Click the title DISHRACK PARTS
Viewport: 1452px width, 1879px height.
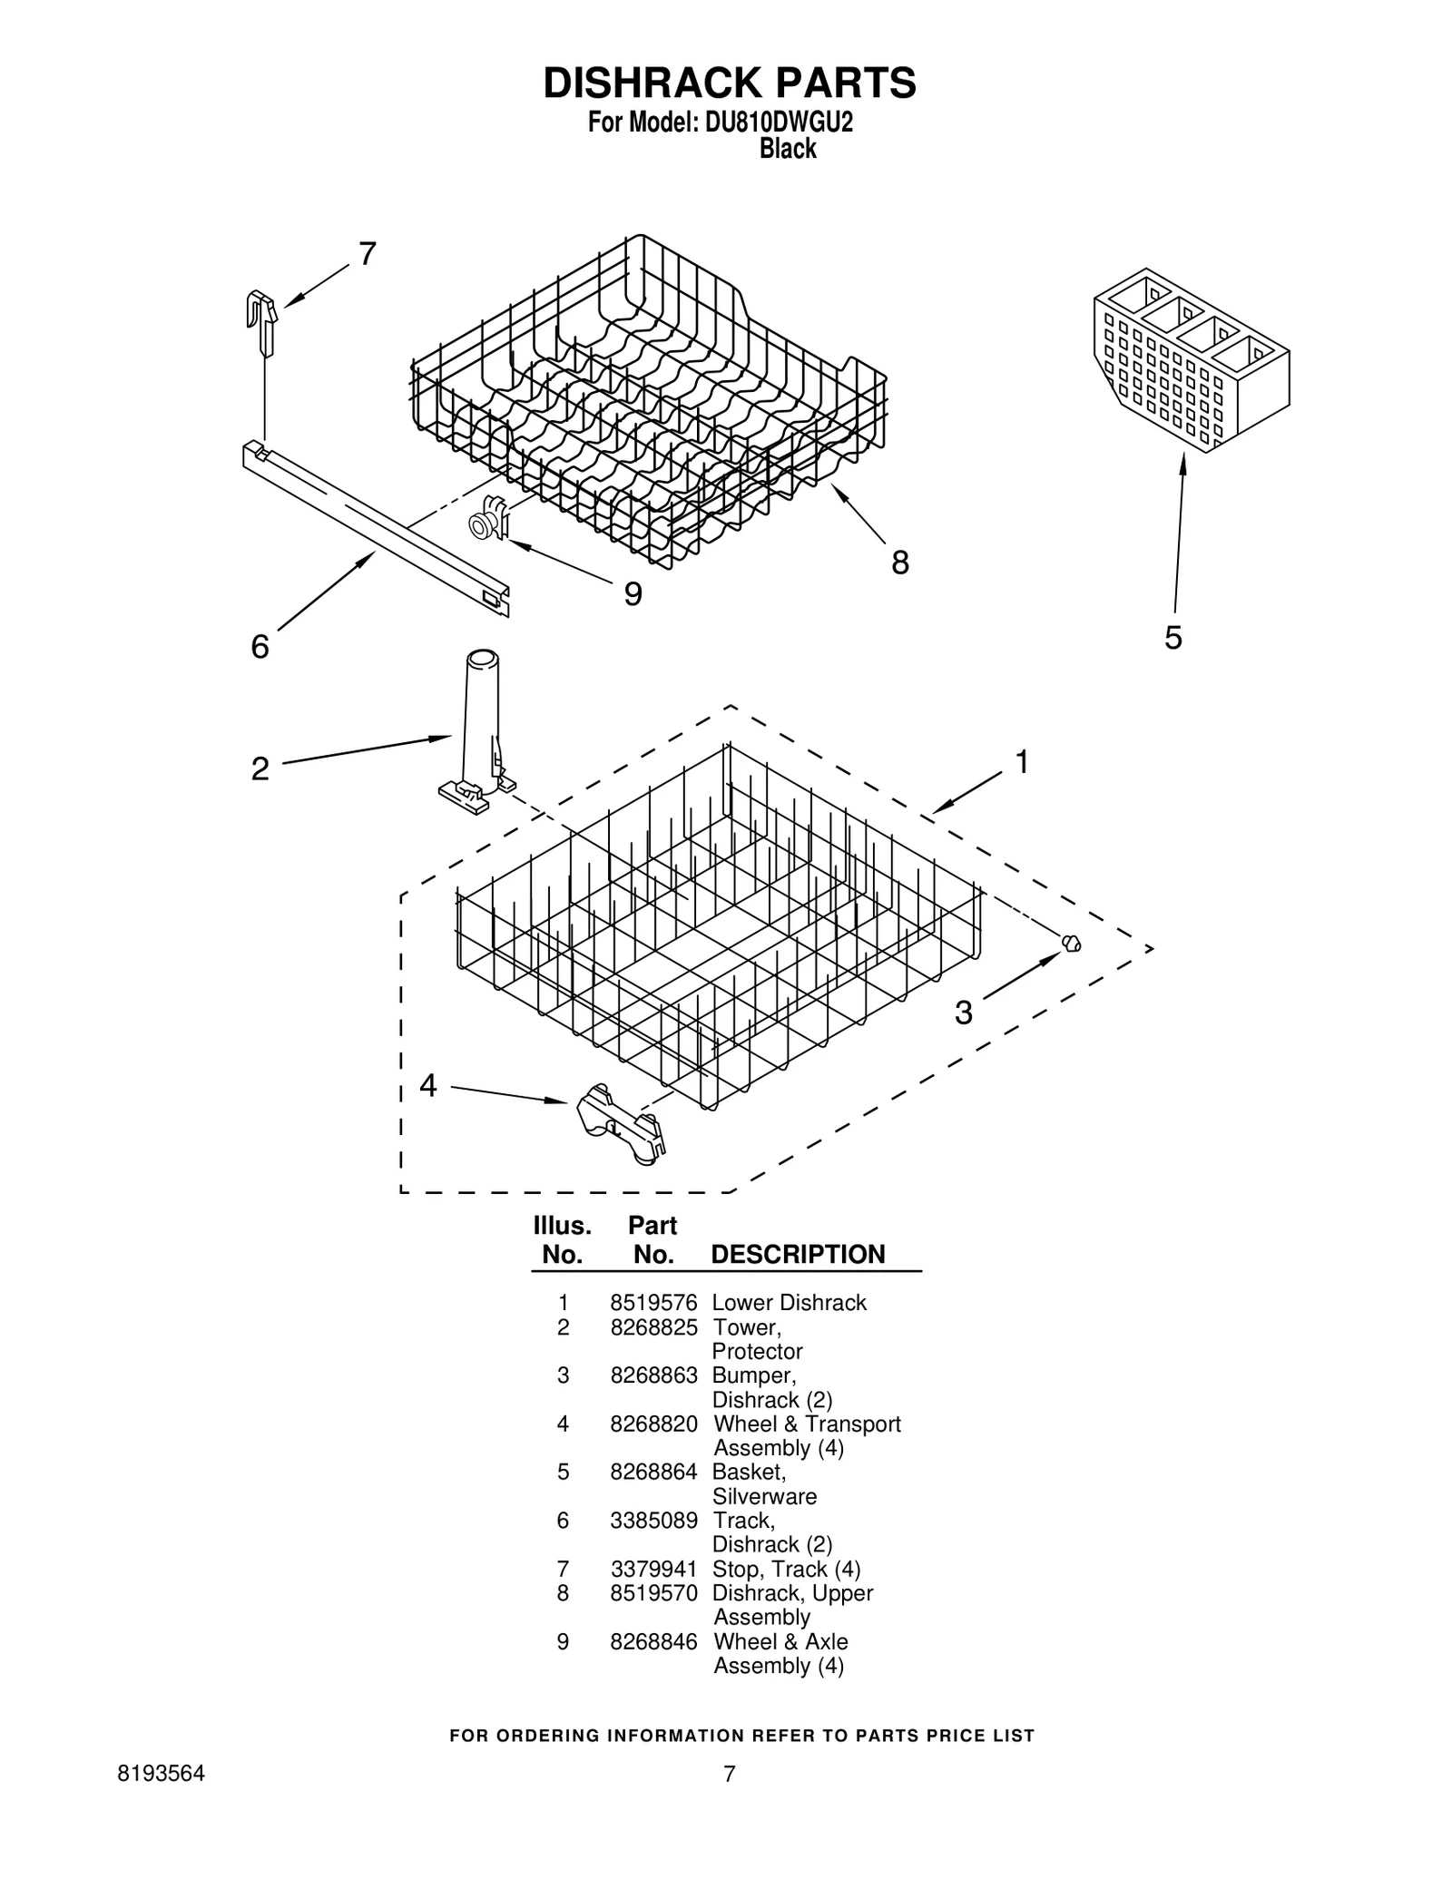point(729,83)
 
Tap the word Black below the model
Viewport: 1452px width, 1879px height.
point(787,148)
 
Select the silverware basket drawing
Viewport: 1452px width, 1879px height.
point(1191,360)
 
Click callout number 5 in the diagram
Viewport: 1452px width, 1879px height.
point(1172,638)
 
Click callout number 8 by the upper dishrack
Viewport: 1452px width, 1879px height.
point(898,563)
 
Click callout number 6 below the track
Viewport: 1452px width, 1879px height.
point(260,647)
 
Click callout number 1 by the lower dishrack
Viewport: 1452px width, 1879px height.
point(1021,762)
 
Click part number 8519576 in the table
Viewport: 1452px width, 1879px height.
point(652,1303)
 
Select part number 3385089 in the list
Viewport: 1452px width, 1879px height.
point(652,1521)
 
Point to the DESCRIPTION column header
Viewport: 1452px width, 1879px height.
point(797,1255)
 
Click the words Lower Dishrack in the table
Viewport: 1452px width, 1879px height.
point(789,1303)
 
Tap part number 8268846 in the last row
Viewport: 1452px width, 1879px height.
point(652,1642)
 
